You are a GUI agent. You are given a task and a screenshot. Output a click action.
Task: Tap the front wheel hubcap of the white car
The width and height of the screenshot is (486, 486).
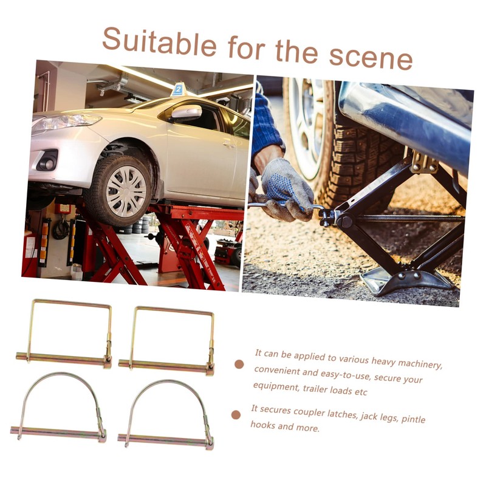tap(126, 191)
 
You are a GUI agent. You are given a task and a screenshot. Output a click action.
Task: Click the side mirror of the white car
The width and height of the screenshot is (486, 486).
tap(186, 112)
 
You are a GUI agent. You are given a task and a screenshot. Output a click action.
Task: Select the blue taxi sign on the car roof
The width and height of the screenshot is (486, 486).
tap(177, 89)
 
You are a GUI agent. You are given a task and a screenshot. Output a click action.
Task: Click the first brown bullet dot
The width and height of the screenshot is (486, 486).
tap(239, 364)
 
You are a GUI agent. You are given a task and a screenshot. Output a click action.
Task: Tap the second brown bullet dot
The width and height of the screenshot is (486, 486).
tap(236, 415)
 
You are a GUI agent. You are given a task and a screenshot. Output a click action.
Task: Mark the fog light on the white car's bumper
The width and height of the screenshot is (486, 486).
tap(48, 163)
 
